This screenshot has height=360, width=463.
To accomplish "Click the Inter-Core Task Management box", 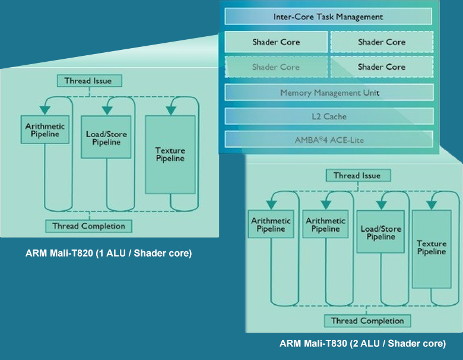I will [328, 17].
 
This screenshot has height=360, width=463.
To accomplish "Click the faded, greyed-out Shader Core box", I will [276, 67].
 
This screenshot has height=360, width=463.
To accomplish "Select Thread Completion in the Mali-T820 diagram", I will [88, 226].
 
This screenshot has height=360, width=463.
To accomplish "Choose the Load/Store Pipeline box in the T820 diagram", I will [106, 138].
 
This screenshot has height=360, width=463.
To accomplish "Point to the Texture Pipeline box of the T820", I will [170, 154].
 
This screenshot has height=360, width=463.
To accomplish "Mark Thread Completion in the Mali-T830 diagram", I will [367, 321].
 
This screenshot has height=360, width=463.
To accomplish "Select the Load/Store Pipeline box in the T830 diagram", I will [380, 233].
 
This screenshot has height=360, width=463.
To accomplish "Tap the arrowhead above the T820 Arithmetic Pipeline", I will [44, 110].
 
